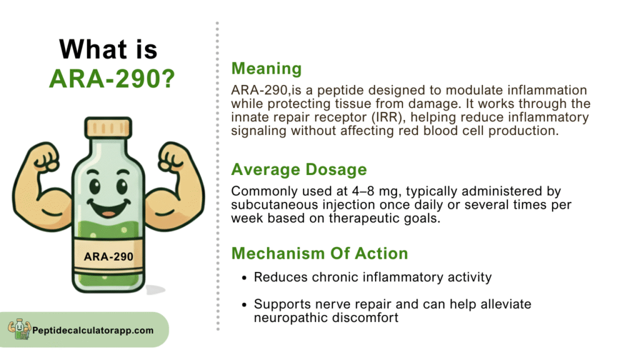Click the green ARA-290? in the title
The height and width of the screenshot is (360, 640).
tap(112, 78)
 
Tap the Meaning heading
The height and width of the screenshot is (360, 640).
tap(266, 69)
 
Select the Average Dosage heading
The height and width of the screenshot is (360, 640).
tap(299, 169)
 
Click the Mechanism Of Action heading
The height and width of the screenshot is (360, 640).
tap(319, 254)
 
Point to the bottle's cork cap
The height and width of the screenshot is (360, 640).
tap(108, 127)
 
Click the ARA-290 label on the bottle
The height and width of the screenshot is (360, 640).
tap(109, 257)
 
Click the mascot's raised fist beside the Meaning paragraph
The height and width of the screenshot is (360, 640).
tap(171, 157)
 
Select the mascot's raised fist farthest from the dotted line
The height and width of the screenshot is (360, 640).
tap(46, 157)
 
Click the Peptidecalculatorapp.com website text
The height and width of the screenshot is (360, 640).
tap(93, 331)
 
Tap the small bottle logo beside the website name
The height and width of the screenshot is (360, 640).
tap(19, 329)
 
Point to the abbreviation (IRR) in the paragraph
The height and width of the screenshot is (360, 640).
tap(387, 117)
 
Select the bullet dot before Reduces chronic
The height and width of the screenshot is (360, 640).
tap(244, 278)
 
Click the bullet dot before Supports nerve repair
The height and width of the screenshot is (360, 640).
tap(244, 305)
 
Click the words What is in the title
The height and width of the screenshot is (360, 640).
tap(108, 49)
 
